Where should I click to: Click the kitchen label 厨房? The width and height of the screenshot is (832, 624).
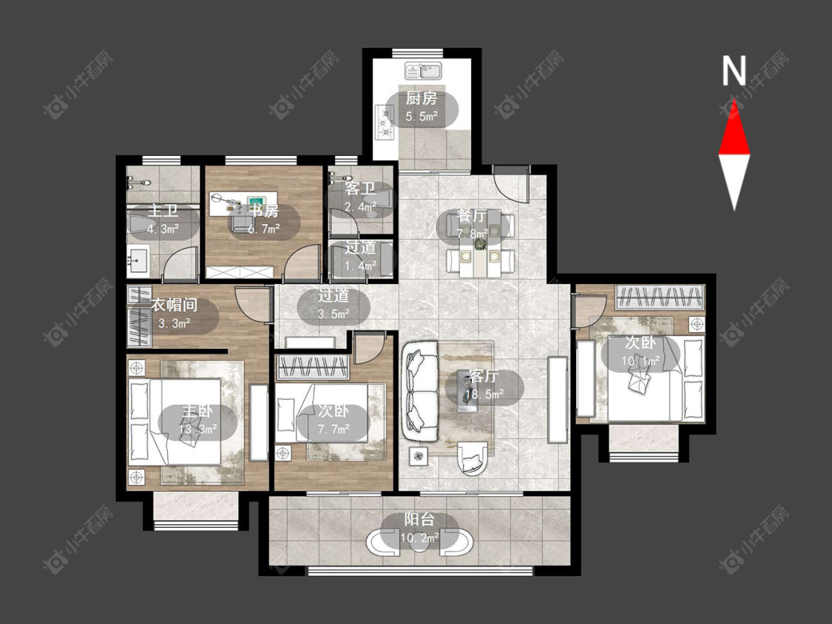[x=422, y=98]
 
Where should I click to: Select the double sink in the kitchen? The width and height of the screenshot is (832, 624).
[x=424, y=70]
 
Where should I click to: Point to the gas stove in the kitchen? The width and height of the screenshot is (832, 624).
[x=384, y=123]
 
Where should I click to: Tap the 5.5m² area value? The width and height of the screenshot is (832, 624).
[x=422, y=117]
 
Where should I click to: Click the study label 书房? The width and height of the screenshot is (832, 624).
[x=264, y=211]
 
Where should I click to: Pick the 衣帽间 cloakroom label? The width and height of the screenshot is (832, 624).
[x=175, y=305]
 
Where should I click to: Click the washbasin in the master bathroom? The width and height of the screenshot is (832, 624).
[x=138, y=260]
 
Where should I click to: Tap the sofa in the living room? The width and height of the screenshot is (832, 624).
[x=420, y=391]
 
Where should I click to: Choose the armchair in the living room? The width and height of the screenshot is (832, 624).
[x=472, y=458]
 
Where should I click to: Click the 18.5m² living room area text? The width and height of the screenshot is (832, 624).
[x=484, y=394]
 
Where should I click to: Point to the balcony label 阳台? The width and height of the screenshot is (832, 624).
[x=419, y=520]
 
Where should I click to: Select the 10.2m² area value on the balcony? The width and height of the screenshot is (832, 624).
[x=419, y=538]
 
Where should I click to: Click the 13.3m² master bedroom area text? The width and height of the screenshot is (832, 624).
[x=197, y=429]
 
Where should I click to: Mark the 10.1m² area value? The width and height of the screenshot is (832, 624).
[x=640, y=361]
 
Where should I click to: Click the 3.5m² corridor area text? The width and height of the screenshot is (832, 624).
[x=334, y=313]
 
